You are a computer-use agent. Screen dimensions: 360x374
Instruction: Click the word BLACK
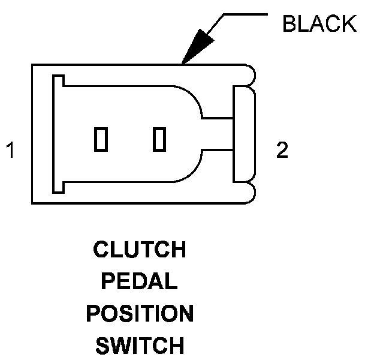pyautogui.click(x=319, y=24)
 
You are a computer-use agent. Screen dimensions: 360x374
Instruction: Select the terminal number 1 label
pyautogui.click(x=10, y=150)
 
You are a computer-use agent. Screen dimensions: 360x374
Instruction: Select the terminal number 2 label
pyautogui.click(x=282, y=150)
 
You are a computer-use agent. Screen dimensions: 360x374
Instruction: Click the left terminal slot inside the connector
pyautogui.click(x=101, y=139)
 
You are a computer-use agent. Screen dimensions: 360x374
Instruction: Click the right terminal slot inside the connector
pyautogui.click(x=159, y=139)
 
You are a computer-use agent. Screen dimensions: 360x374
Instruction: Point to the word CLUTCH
pyautogui.click(x=140, y=250)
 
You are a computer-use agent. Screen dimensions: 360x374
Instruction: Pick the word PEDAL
pyautogui.click(x=140, y=281)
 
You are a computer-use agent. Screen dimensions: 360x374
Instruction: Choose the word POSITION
pyautogui.click(x=140, y=313)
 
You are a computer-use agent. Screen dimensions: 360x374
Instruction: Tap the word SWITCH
pyautogui.click(x=140, y=346)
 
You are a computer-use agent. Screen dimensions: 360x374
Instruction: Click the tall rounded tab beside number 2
pyautogui.click(x=243, y=134)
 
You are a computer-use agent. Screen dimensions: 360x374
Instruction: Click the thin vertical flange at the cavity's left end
pyautogui.click(x=58, y=133)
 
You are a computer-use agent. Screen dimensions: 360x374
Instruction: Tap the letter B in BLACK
pyautogui.click(x=289, y=24)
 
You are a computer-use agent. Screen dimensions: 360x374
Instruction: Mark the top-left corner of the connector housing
pyautogui.click(x=32, y=65)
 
